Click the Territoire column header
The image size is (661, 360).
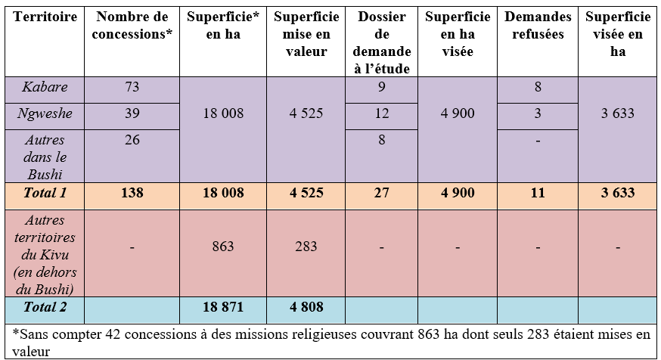(43, 17)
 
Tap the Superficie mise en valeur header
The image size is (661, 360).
(306, 35)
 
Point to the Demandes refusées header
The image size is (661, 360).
(538, 26)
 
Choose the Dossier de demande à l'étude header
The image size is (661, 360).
(382, 43)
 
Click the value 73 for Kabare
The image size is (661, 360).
(132, 87)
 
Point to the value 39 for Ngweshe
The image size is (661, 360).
(132, 113)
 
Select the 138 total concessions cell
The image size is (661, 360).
(132, 193)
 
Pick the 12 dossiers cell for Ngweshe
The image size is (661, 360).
(382, 113)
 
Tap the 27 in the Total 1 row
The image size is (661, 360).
(382, 193)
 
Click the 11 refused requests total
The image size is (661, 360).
(538, 193)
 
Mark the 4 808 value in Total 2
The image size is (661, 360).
(306, 307)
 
